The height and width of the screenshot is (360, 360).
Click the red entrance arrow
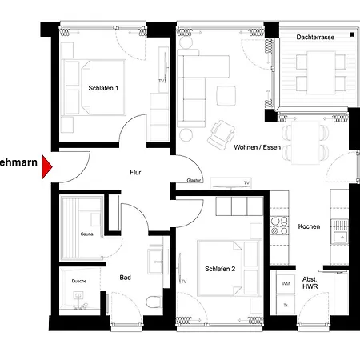click(46, 166)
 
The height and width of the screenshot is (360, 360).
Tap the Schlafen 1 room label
click(103, 88)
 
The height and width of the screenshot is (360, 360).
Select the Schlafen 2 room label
click(220, 269)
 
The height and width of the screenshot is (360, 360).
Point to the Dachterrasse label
click(315, 37)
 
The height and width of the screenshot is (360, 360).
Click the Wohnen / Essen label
click(257, 147)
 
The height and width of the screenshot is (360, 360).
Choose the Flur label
click(135, 172)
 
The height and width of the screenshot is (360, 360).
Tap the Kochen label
click(309, 226)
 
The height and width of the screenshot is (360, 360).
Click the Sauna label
click(87, 234)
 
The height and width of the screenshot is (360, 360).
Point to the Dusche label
click(79, 281)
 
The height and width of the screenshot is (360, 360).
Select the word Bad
click(125, 278)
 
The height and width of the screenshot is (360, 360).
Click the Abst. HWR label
click(310, 283)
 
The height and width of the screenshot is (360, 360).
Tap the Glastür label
click(194, 181)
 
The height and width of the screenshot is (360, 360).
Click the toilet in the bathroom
click(154, 302)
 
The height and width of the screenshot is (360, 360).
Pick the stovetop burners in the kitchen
click(279, 226)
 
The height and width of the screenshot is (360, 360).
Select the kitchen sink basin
click(340, 237)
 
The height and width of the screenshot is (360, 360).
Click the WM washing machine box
click(286, 284)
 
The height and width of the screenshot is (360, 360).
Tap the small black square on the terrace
click(352, 34)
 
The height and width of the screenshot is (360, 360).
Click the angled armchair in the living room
click(222, 135)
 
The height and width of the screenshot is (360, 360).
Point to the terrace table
click(321, 73)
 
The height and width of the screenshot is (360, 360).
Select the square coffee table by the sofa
click(226, 95)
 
